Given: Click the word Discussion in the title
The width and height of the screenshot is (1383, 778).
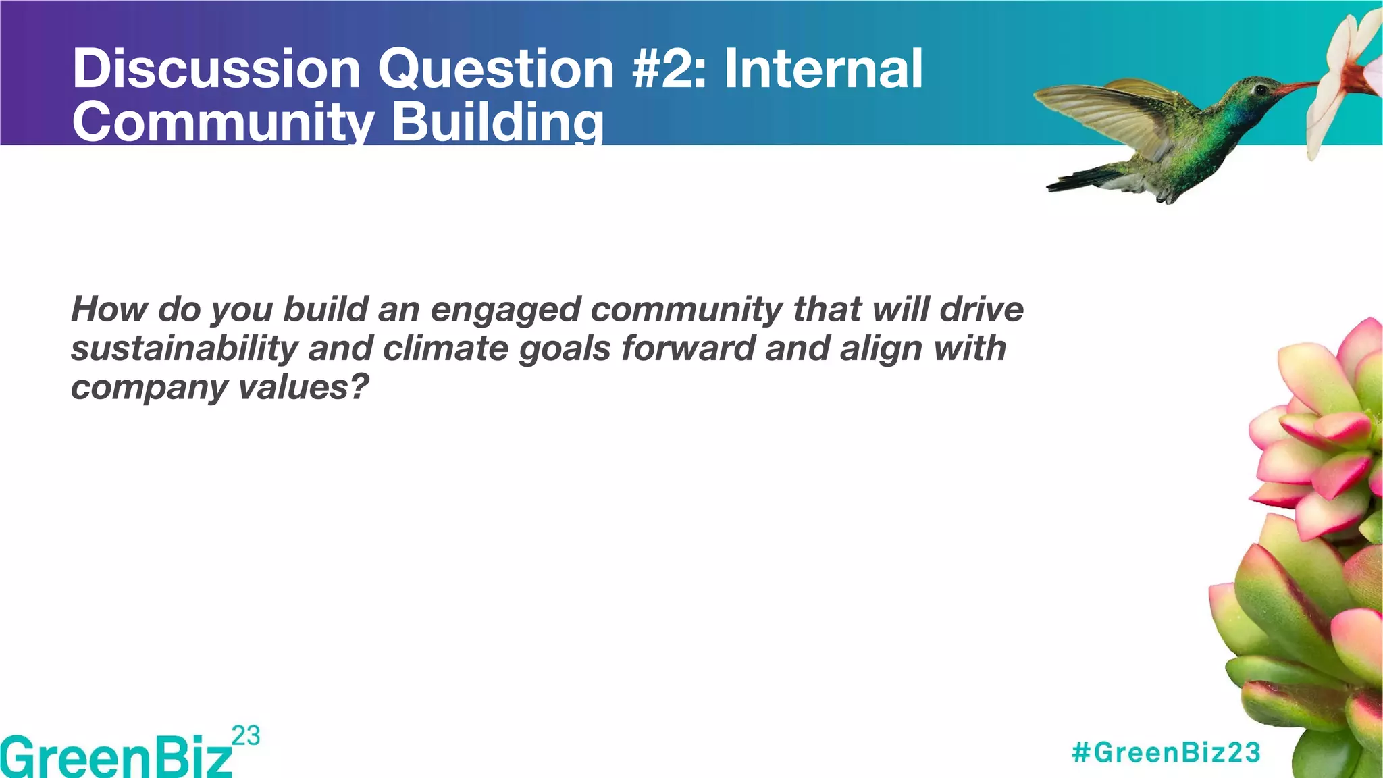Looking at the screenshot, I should (216, 69).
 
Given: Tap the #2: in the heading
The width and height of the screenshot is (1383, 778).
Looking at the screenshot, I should (669, 69).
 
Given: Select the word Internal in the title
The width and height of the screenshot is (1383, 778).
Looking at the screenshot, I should (823, 69).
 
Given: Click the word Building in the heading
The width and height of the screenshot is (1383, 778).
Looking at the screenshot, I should (498, 123).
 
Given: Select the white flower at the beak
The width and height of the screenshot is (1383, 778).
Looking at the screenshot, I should (1344, 74).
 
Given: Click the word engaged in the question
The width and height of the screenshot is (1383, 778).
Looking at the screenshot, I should (506, 309).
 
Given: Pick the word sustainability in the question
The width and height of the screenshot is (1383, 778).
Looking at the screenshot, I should (184, 348).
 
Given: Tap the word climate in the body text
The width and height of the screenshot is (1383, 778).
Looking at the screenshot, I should (445, 348).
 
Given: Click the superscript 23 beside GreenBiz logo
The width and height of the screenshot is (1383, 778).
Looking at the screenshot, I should (245, 735).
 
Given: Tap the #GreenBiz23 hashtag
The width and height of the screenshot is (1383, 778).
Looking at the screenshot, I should (1166, 752).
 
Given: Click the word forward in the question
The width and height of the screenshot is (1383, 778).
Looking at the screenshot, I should (688, 348).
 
